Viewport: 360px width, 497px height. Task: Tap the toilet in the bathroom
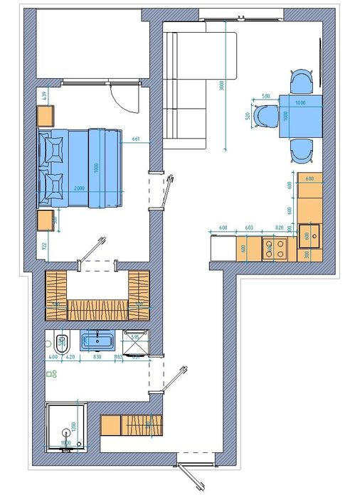point(62,343)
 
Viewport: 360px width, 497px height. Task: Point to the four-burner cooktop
point(275,248)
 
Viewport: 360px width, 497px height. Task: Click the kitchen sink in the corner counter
point(308,234)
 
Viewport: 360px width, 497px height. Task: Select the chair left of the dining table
point(265,115)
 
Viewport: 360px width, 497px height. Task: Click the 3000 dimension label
point(222,85)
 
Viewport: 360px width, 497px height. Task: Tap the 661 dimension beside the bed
point(135,139)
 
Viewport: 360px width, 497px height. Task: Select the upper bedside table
point(46,116)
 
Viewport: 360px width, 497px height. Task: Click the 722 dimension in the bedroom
point(44,246)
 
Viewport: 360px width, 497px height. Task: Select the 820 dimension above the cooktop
point(278,228)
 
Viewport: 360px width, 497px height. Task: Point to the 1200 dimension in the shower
point(71,429)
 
